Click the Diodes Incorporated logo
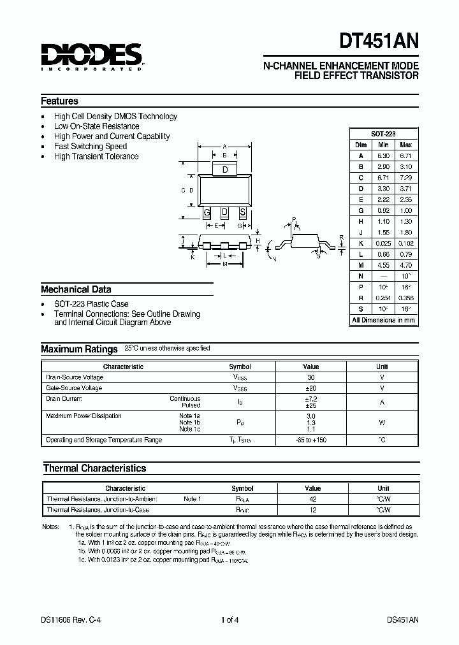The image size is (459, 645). [92, 55]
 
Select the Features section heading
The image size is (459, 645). [60, 101]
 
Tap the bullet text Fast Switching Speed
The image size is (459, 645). [91, 146]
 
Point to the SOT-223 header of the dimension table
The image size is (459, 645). [383, 134]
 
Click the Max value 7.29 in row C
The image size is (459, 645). [405, 178]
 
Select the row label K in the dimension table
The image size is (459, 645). [360, 243]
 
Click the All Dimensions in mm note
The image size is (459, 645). [383, 320]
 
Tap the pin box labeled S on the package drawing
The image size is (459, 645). [242, 212]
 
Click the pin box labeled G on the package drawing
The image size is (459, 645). [207, 212]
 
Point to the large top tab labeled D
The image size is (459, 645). [224, 170]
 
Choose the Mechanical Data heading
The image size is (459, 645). [76, 289]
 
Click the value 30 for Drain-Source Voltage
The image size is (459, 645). [310, 377]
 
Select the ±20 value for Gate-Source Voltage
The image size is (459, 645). [310, 388]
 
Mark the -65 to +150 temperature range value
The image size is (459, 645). [310, 440]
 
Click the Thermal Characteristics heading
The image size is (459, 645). [94, 468]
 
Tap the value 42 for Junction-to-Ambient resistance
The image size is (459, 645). [313, 499]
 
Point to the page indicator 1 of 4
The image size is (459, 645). [230, 620]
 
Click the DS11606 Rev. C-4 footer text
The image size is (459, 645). [68, 620]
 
